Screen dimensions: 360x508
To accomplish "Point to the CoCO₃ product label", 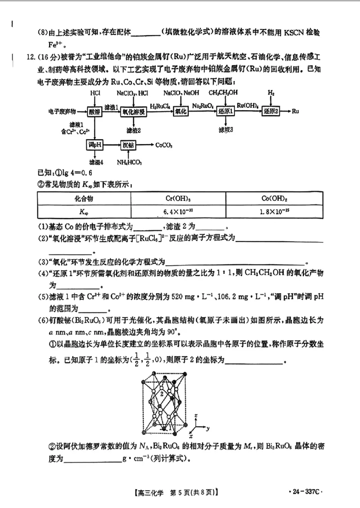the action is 164,145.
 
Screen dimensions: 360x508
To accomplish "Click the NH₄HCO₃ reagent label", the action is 129,162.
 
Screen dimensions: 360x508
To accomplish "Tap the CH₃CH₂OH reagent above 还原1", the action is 223,92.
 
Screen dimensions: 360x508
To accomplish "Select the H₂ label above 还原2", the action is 271,92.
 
